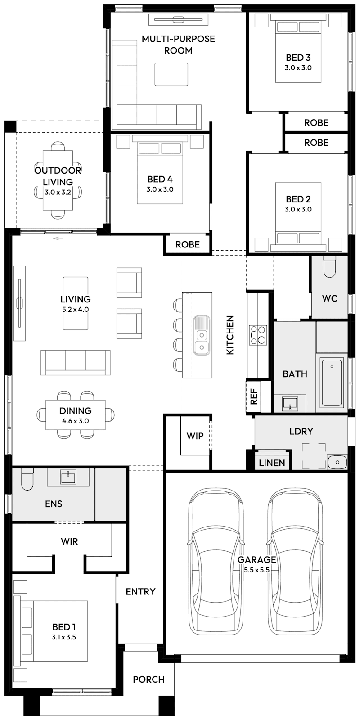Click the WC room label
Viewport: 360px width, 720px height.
[x=329, y=298]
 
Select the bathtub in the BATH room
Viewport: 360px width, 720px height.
[x=332, y=382]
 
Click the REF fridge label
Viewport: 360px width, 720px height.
[x=253, y=396]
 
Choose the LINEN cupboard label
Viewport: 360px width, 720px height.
[x=272, y=463]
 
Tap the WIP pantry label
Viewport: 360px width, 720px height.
[x=195, y=436]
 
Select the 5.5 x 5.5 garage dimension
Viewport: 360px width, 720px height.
[x=256, y=570]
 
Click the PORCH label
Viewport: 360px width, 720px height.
[x=148, y=679]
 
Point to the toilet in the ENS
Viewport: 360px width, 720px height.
[x=27, y=479]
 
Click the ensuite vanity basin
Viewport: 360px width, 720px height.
[x=68, y=477]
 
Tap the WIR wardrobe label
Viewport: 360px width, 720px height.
[x=69, y=541]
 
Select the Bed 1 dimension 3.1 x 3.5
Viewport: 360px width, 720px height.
[x=64, y=637]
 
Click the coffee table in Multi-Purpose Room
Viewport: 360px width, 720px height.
[x=171, y=74]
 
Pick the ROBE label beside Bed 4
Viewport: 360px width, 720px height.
[x=187, y=244]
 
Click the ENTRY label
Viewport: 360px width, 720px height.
[x=140, y=591]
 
